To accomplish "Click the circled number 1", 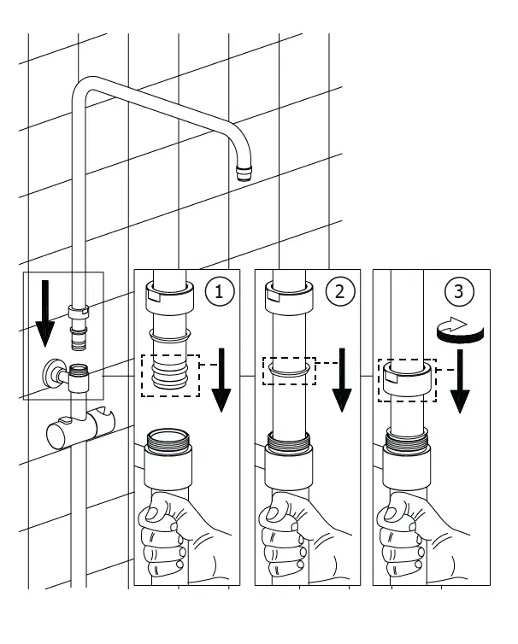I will coord(221,290).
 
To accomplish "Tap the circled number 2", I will coord(339,290).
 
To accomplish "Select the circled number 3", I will coord(460,290).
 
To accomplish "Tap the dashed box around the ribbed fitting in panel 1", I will coord(168,374).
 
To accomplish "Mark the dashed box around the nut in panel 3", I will coord(407,379).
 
